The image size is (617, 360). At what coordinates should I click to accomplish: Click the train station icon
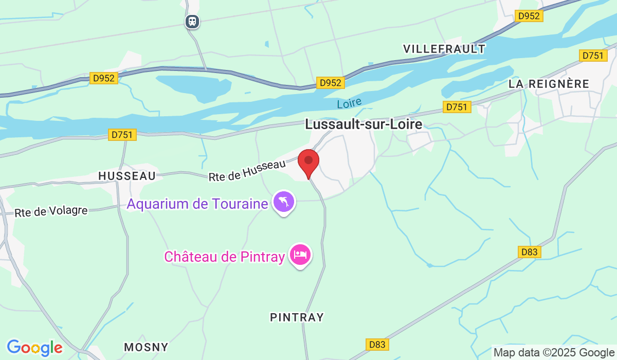coord(192,22)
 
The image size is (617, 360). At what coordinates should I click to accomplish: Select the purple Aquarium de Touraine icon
coord(284,202)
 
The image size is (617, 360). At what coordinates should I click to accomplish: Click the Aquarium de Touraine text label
coord(197,204)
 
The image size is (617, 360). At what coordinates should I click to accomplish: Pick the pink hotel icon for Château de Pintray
coord(300,255)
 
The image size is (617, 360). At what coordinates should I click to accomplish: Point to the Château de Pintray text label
coord(225,257)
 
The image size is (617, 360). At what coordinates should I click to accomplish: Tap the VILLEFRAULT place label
coord(444,49)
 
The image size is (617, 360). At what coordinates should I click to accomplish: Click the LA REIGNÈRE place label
coord(549,84)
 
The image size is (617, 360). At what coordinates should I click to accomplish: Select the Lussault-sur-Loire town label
coord(364,124)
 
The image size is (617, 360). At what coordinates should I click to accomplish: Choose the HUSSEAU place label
coord(127,176)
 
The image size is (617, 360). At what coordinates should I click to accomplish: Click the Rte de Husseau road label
coord(247,170)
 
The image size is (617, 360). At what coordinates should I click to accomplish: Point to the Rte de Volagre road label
coord(51,211)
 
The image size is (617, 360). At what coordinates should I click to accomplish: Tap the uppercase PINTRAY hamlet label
coord(297,317)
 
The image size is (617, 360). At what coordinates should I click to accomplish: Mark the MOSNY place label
coord(146,347)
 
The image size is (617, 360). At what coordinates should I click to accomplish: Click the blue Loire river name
coord(350,103)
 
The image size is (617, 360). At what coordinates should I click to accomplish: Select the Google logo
coord(34,348)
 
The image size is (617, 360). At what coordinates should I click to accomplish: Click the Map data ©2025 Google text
coord(554,353)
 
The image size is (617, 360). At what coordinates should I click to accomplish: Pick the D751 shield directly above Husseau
coord(122,135)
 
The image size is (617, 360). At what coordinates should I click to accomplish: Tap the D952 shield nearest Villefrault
coord(529,16)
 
